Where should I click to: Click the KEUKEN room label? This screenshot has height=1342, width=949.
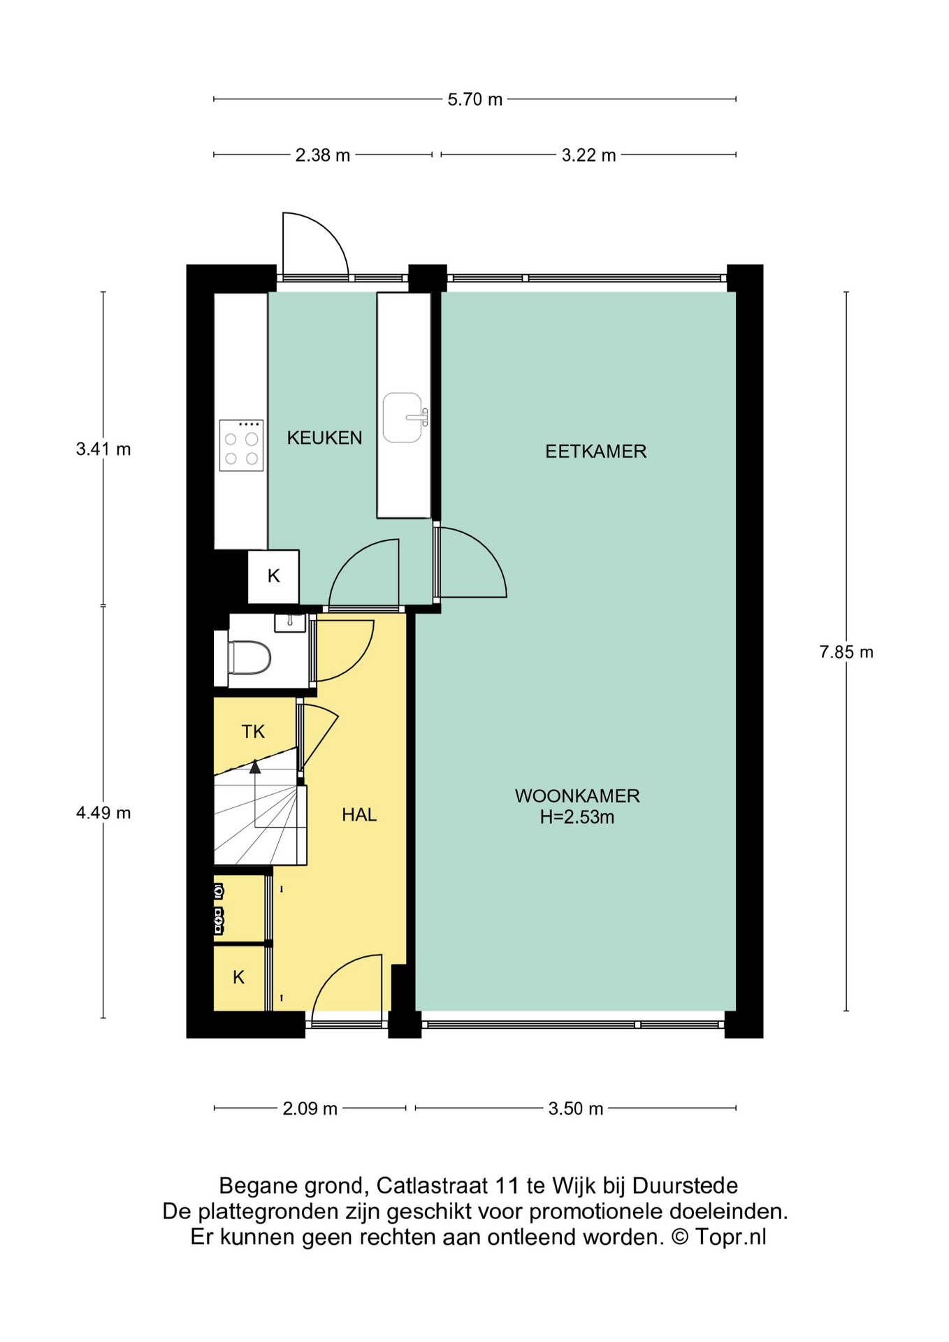(x=324, y=438)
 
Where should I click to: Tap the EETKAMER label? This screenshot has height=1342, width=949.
(x=595, y=452)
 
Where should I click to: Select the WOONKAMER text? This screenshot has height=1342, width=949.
(x=577, y=796)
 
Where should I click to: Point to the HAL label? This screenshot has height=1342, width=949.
(x=359, y=815)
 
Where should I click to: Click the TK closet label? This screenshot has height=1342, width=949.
(x=253, y=732)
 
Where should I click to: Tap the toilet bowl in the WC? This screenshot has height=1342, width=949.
(x=249, y=658)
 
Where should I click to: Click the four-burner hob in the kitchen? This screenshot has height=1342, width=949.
(x=241, y=445)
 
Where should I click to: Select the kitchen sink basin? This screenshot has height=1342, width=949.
(x=403, y=417)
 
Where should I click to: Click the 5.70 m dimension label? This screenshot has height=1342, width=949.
(x=475, y=99)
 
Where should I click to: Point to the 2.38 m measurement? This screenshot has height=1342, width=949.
(x=323, y=155)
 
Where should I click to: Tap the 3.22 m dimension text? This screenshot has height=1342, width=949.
(x=589, y=155)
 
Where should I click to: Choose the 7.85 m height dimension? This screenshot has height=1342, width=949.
(x=846, y=652)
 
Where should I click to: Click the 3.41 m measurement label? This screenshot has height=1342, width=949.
(x=103, y=449)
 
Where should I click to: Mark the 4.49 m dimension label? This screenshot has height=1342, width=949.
(x=103, y=813)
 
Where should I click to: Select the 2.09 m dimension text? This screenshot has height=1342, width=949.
(x=310, y=1109)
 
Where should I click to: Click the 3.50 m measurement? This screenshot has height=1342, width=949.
(x=576, y=1109)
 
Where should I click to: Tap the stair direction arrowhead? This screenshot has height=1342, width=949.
(x=255, y=767)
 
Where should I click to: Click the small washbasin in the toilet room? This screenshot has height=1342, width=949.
(x=289, y=622)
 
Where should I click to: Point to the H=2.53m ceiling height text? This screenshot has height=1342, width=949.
(x=577, y=817)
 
